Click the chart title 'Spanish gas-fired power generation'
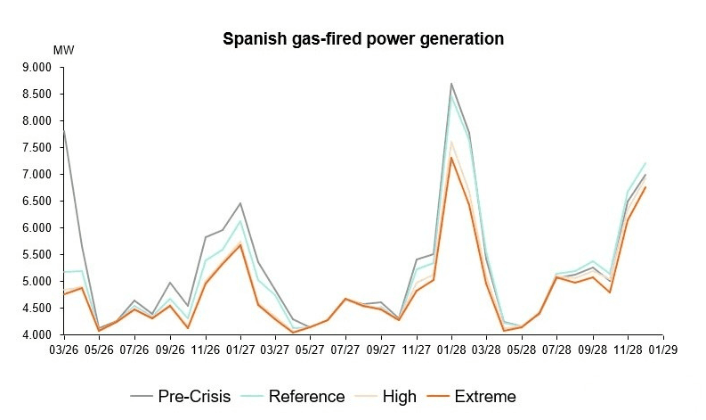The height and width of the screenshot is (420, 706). click(363, 39)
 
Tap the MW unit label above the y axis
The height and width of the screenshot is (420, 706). click(63, 49)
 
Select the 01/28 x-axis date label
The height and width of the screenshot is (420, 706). click(451, 350)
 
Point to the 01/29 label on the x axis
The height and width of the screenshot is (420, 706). click(662, 350)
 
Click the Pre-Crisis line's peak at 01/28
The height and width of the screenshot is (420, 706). click(451, 84)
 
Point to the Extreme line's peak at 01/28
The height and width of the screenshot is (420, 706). click(451, 158)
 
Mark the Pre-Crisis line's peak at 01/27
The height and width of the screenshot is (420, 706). click(240, 203)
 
